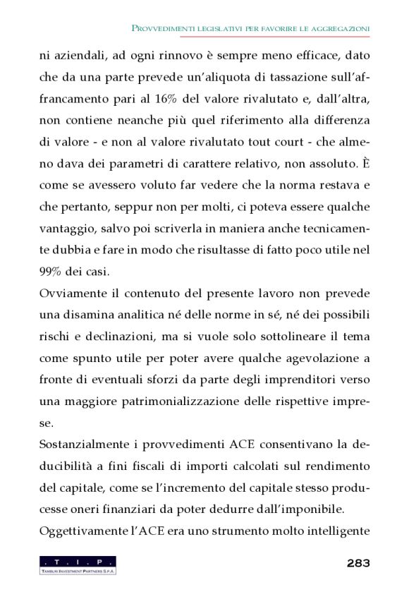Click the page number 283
pyautogui.click(x=358, y=562)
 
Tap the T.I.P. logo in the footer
pyautogui.click(x=78, y=565)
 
